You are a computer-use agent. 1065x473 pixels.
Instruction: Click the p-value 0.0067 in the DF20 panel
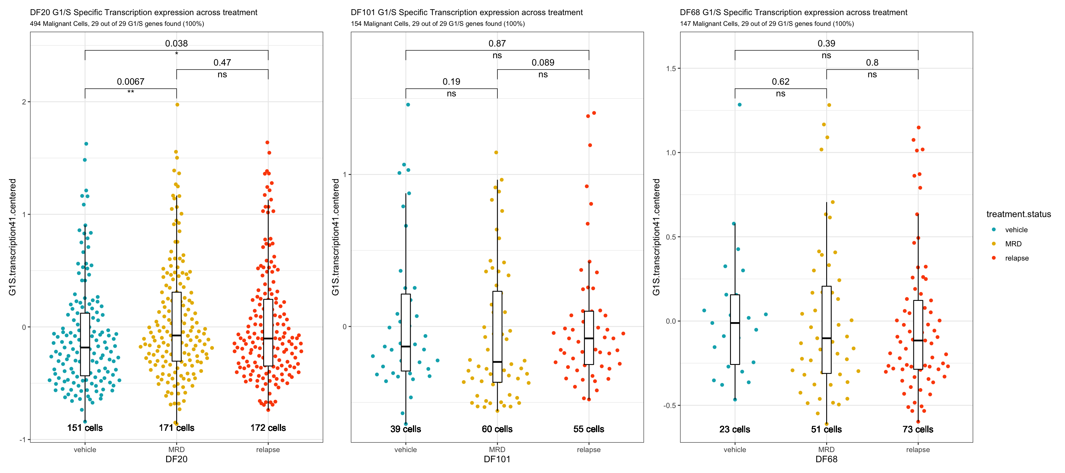pyautogui.click(x=131, y=81)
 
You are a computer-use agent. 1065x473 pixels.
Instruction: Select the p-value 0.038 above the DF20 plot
pyautogui.click(x=177, y=43)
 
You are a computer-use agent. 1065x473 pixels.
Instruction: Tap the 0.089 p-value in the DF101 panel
pyautogui.click(x=543, y=63)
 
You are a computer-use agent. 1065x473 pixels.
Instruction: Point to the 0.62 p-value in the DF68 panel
pyautogui.click(x=781, y=81)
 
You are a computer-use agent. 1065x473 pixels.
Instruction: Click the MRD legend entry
pyautogui.click(x=1013, y=244)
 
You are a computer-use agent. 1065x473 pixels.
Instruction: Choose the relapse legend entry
pyautogui.click(x=1017, y=258)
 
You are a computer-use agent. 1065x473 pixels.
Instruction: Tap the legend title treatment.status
pyautogui.click(x=1018, y=214)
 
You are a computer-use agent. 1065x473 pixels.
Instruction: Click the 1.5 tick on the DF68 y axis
pyautogui.click(x=671, y=69)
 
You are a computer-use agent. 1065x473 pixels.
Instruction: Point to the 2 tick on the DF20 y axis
pyautogui.click(x=24, y=102)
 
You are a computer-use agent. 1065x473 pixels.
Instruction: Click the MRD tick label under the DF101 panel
pyautogui.click(x=497, y=450)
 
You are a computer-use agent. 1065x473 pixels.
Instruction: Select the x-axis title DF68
pyautogui.click(x=826, y=459)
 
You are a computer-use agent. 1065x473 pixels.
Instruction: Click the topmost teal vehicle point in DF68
pyautogui.click(x=740, y=104)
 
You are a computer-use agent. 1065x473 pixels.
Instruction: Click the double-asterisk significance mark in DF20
pyautogui.click(x=131, y=92)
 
